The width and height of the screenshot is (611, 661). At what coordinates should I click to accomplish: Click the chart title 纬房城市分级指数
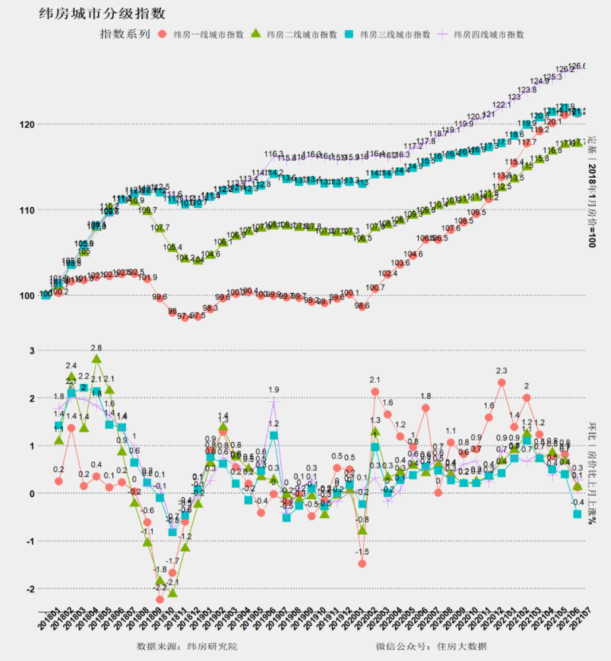[102, 13]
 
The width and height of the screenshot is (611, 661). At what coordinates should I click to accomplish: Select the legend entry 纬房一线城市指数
[202, 34]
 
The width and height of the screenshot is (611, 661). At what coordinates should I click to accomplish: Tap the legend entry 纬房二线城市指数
[295, 34]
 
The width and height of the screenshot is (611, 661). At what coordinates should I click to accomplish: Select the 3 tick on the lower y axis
[30, 350]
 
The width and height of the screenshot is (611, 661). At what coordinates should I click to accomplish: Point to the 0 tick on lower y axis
[30, 494]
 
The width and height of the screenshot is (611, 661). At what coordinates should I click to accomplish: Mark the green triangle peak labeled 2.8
[97, 359]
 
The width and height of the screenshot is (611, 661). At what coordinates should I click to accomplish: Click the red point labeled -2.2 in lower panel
[160, 600]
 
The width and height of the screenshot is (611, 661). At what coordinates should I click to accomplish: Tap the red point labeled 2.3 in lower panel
[502, 383]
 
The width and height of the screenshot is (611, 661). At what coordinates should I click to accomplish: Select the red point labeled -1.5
[362, 564]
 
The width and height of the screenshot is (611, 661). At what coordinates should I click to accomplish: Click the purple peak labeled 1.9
[274, 401]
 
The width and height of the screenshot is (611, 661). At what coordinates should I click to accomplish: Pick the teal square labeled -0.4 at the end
[577, 514]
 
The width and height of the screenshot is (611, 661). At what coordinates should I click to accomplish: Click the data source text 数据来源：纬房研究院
[186, 646]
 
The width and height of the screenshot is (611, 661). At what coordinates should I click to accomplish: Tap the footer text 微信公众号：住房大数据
[431, 646]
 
